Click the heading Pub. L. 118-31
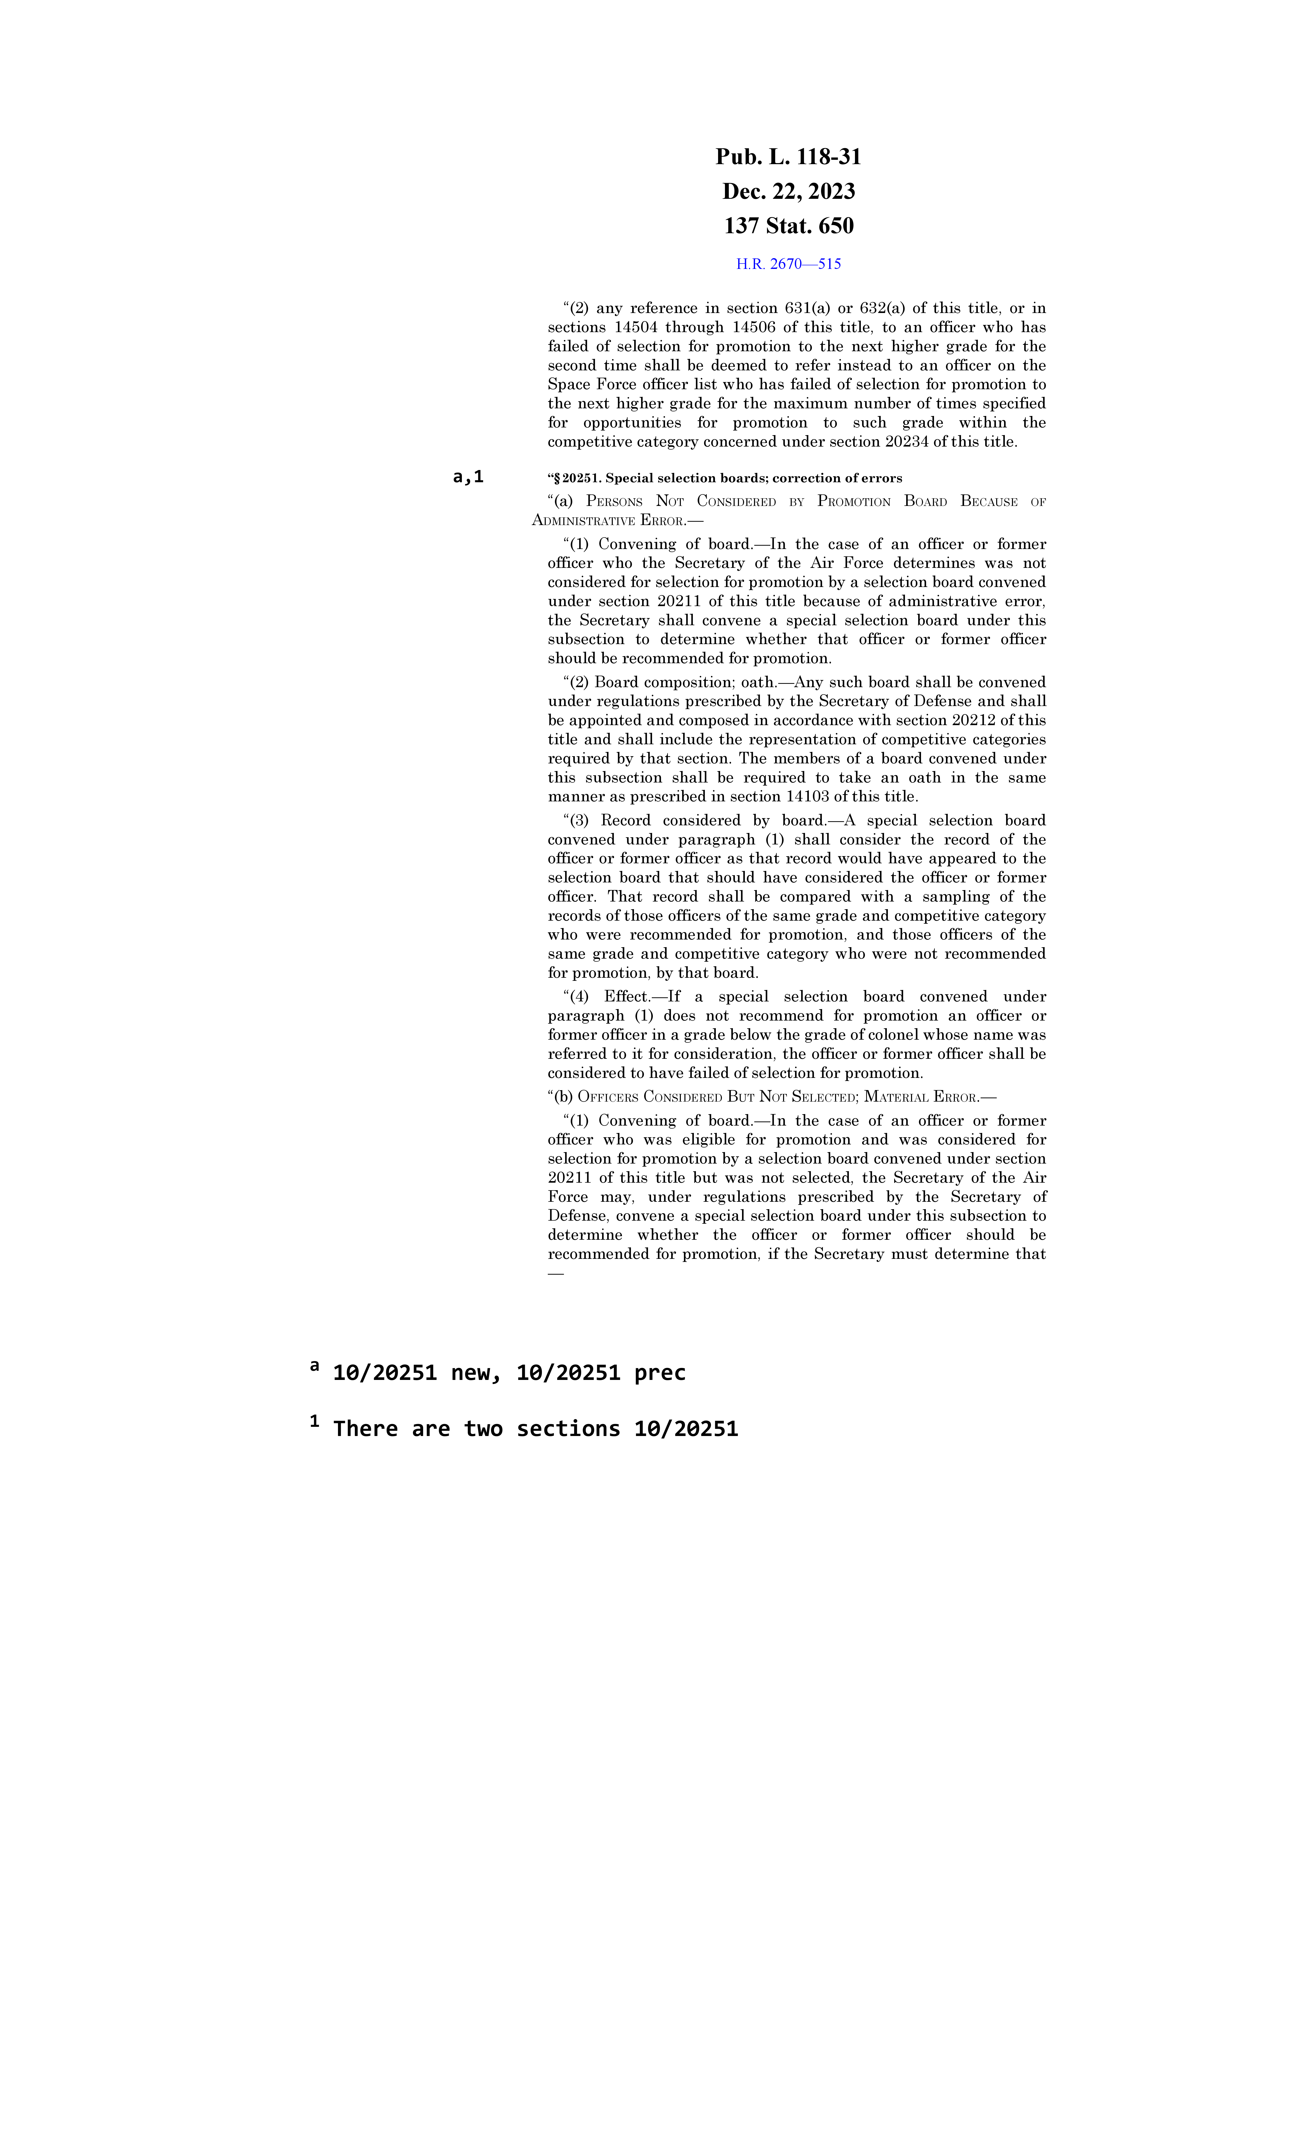[x=788, y=157]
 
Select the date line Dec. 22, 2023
[x=788, y=191]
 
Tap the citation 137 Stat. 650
[x=788, y=226]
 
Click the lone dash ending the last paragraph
[x=555, y=1274]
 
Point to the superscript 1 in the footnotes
[x=315, y=1421]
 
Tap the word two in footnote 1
[x=483, y=1429]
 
